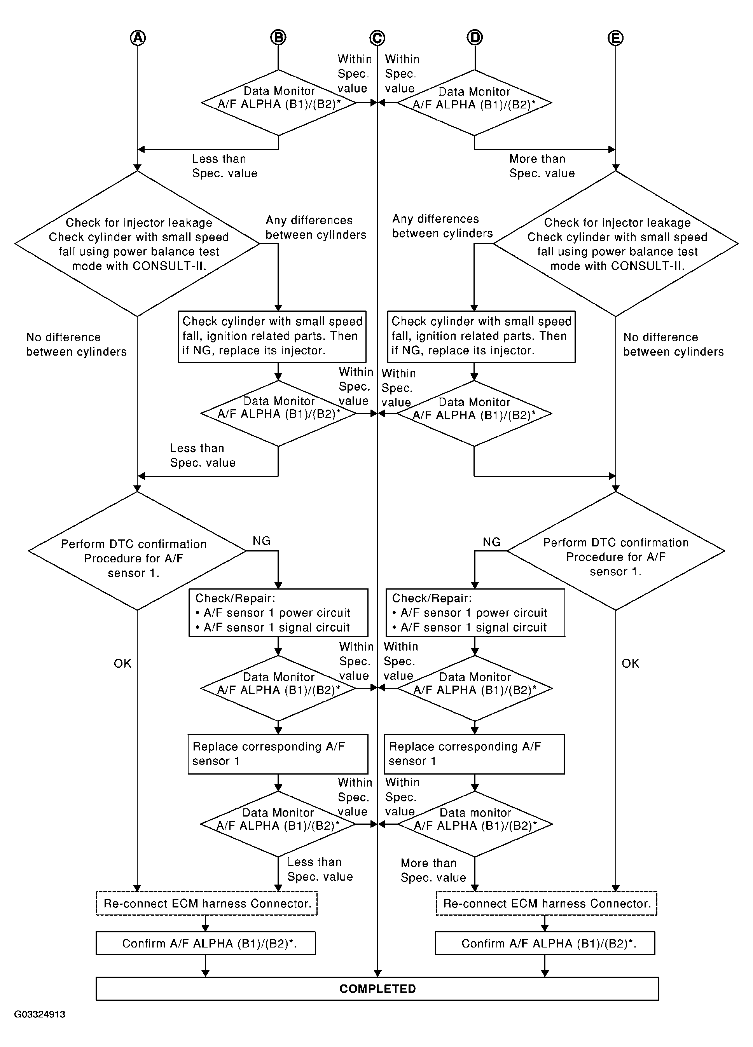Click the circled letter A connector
pos(138,37)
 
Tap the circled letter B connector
pos(278,37)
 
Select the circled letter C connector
pos(377,38)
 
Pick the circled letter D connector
pos(475,37)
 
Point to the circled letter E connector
pos(615,38)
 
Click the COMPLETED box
pos(377,988)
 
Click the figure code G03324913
pos(40,1014)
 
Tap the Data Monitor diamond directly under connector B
pos(278,103)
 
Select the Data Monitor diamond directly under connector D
pos(475,103)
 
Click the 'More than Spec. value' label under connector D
pos(542,166)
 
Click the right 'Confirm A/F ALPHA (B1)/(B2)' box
pos(545,943)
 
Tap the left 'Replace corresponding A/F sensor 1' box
pos(278,754)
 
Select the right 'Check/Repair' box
pos(475,612)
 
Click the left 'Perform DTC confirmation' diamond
pos(137,551)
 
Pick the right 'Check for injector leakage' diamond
pos(615,244)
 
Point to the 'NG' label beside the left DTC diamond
pos(261,541)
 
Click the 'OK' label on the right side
pos(630,663)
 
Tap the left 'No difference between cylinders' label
pos(76,344)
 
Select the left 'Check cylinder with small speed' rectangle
pos(273,337)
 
